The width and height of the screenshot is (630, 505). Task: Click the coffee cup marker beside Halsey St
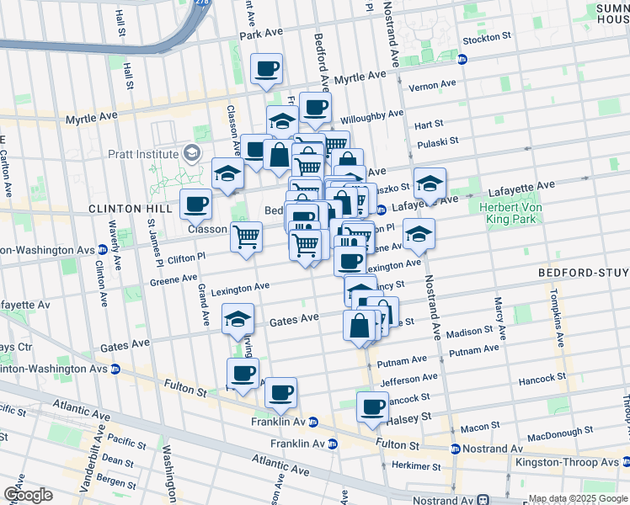371,407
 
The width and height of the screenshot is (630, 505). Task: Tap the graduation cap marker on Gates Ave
238,320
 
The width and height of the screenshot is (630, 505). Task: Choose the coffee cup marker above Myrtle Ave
267,69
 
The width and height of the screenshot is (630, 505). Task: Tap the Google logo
28,494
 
